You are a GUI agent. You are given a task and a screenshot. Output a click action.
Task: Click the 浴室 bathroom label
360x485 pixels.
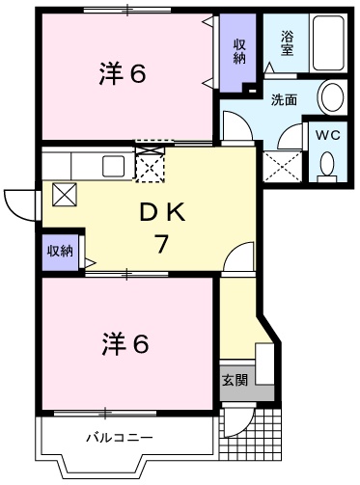tap(287, 43)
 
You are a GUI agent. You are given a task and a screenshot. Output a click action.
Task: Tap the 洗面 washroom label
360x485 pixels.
tap(283, 98)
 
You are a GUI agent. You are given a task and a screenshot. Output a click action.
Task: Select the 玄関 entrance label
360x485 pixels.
tap(235, 380)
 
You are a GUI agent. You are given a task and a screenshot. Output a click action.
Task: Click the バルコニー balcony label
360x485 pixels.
tap(119, 437)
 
